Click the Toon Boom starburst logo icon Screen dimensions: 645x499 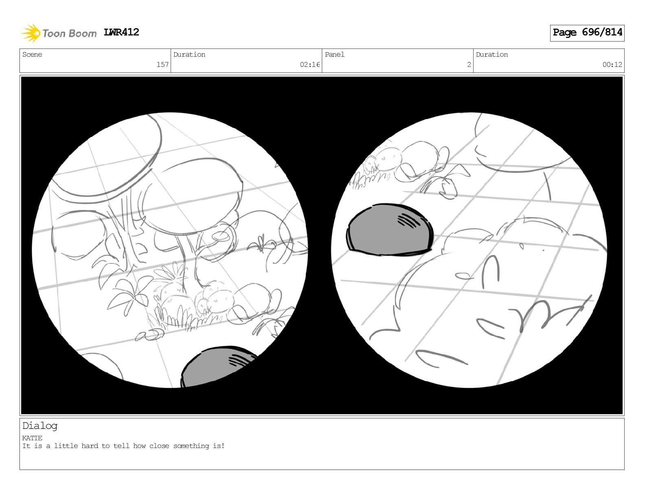click(31, 33)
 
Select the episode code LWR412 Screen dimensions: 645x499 click(121, 32)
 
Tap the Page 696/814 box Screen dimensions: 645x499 click(587, 33)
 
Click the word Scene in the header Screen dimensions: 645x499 click(32, 54)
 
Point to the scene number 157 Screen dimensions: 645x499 click(162, 64)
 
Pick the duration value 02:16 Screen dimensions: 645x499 click(309, 64)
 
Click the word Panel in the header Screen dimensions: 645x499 click(335, 54)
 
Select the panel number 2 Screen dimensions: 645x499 click(469, 64)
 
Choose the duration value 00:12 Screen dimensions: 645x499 click(612, 64)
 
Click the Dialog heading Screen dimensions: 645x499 click(40, 426)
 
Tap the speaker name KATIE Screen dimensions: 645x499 click(32, 438)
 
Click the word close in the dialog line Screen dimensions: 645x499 click(159, 446)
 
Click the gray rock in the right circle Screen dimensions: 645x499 click(389, 230)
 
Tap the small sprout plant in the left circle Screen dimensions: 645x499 click(261, 244)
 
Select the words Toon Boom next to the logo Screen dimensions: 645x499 click(70, 33)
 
